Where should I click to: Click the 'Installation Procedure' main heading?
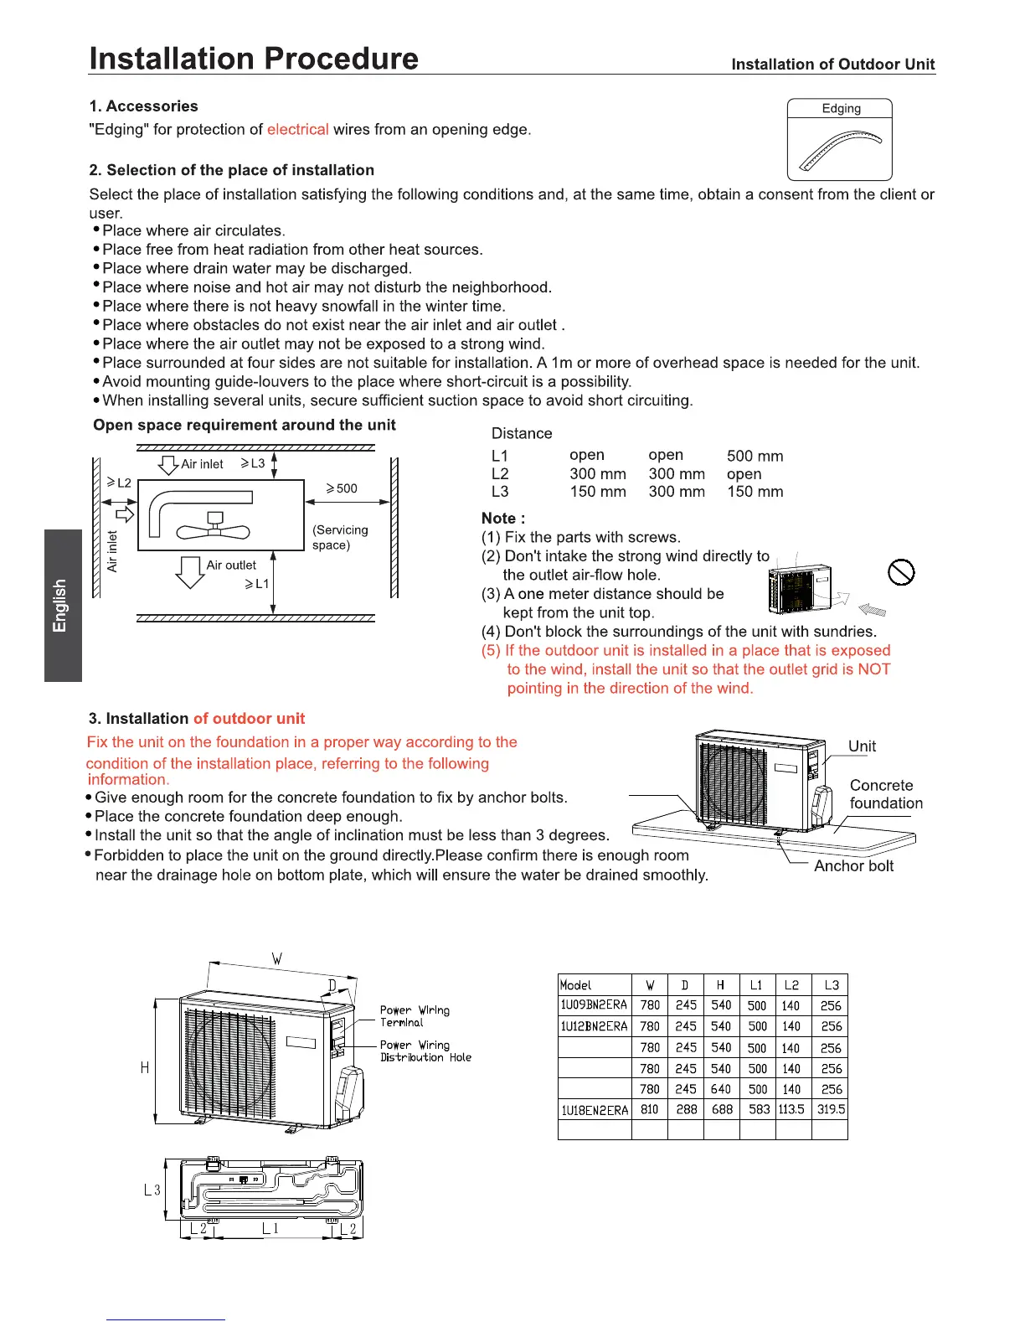pos(254,59)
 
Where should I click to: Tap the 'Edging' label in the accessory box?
pos(841,109)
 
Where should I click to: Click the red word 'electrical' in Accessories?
pos(297,130)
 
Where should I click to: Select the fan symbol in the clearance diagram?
pos(214,529)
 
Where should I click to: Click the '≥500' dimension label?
pos(342,488)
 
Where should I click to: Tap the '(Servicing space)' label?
pos(340,538)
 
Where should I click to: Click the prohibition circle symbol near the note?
pos(901,573)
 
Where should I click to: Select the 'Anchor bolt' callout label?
pos(853,866)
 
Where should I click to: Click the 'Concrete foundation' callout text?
pos(885,794)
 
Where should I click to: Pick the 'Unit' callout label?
pos(862,746)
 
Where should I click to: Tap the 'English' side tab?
pos(60,605)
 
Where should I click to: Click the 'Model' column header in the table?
pos(575,985)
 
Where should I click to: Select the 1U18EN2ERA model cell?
pos(594,1110)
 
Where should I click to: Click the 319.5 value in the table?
pos(831,1109)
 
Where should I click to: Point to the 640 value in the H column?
pos(721,1089)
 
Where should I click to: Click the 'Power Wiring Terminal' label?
pos(414,1016)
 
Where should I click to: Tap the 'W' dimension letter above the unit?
pos(277,958)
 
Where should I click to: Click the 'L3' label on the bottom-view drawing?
pos(152,1190)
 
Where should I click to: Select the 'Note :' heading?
pos(503,519)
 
